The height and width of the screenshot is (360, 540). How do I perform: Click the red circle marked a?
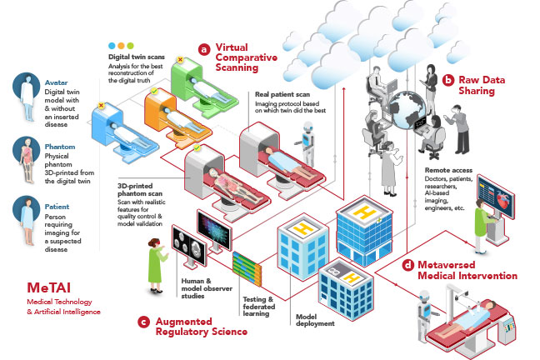(x=203, y=49)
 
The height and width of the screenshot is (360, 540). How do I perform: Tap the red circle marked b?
(x=448, y=81)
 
